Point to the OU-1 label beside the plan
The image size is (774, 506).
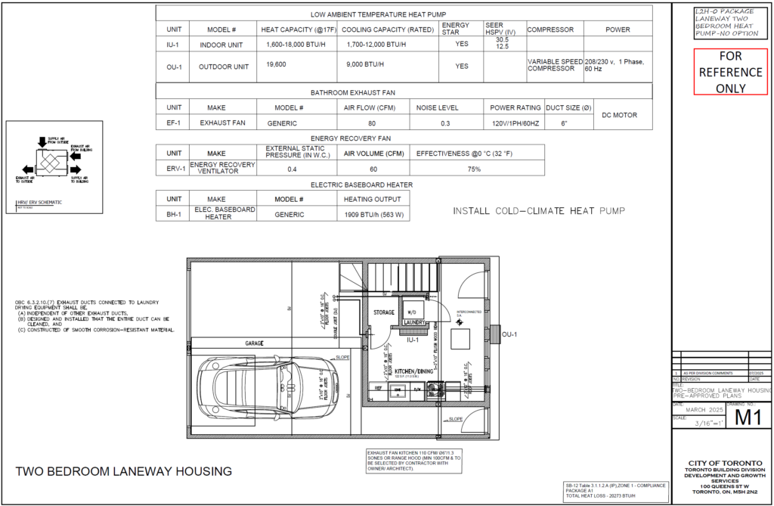click(x=509, y=334)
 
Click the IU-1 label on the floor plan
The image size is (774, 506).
click(x=413, y=341)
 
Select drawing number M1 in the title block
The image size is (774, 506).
click(x=748, y=417)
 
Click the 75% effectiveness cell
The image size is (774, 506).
click(x=474, y=169)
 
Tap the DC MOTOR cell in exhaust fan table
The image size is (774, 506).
click(x=619, y=115)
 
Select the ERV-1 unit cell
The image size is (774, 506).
click(x=173, y=169)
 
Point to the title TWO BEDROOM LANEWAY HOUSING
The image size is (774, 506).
click(x=123, y=472)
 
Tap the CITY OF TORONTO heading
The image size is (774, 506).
click(x=722, y=463)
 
